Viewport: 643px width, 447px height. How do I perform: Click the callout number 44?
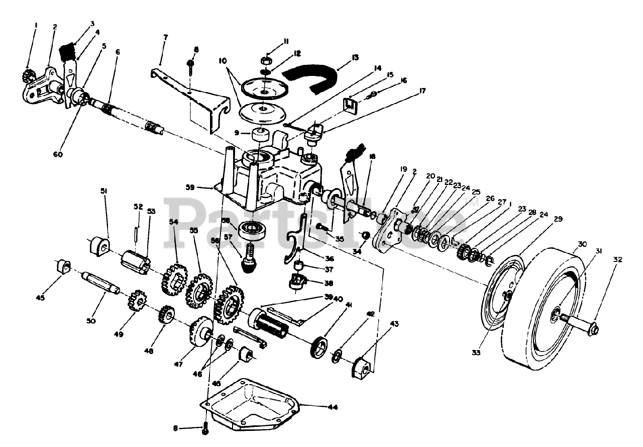[x=333, y=407]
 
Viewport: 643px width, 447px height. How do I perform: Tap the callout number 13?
[x=355, y=57]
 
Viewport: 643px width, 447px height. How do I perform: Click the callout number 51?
[x=104, y=191]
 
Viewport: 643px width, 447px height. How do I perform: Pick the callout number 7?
[x=165, y=37]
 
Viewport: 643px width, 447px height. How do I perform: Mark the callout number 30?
[x=582, y=244]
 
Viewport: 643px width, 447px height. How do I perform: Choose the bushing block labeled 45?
[x=62, y=266]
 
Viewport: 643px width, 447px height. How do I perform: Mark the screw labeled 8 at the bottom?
[x=205, y=429]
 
